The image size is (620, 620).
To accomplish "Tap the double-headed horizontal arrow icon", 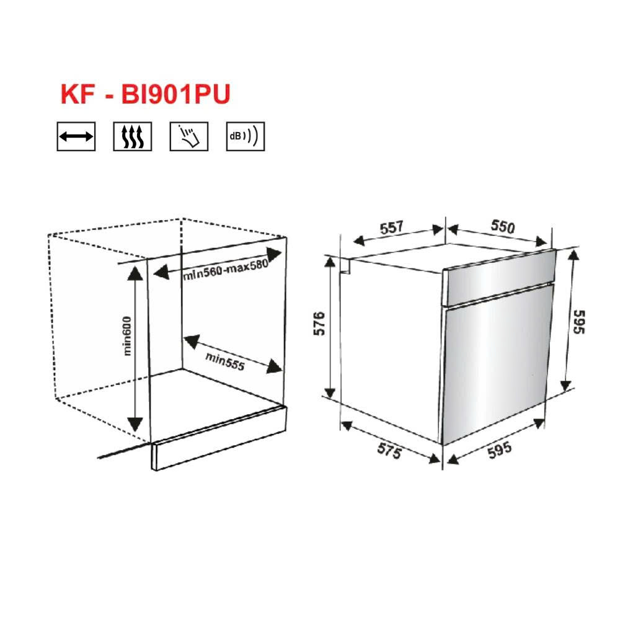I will [x=76, y=136].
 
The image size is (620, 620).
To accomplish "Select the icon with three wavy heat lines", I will [x=132, y=136].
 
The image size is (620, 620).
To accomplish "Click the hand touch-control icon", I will [x=188, y=136].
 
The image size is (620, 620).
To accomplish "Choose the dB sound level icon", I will [x=245, y=136].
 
